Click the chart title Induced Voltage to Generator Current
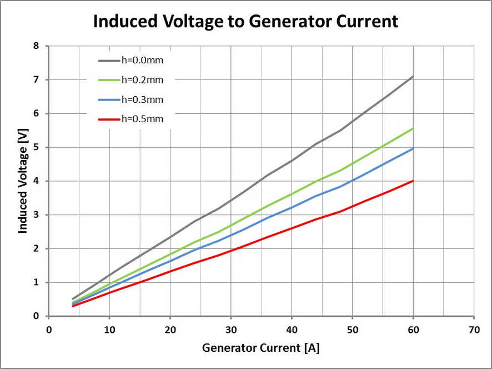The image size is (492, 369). (x=245, y=21)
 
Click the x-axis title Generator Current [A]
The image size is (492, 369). (x=260, y=348)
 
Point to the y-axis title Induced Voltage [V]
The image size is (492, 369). (x=23, y=181)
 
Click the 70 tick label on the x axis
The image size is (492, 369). (x=474, y=329)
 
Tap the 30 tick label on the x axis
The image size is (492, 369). (x=231, y=329)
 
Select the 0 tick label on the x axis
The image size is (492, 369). (x=49, y=329)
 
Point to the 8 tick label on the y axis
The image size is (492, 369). (x=36, y=46)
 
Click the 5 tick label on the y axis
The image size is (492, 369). (x=36, y=147)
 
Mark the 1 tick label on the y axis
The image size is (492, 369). (x=36, y=282)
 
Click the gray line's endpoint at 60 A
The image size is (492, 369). (x=413, y=76)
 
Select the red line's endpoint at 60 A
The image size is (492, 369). (x=413, y=181)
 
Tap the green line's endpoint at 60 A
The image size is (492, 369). (x=413, y=128)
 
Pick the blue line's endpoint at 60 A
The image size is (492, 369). (x=413, y=148)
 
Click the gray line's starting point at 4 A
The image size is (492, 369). (x=73, y=299)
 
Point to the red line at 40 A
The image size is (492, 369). (x=292, y=228)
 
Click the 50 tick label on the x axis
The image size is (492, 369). (x=353, y=329)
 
